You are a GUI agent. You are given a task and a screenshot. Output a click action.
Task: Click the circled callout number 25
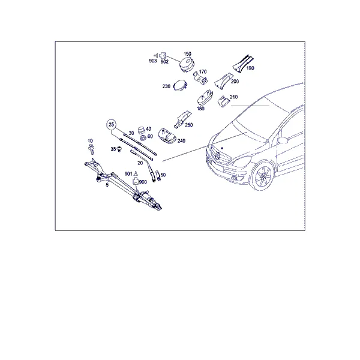pyautogui.click(x=112, y=125)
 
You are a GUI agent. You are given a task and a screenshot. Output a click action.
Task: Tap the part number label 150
pyautogui.click(x=187, y=54)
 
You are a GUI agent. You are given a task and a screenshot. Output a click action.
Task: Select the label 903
pyautogui.click(x=153, y=61)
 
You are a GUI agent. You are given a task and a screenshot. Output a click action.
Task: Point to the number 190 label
pyautogui.click(x=250, y=68)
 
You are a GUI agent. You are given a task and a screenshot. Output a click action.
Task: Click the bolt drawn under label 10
pyautogui.click(x=91, y=149)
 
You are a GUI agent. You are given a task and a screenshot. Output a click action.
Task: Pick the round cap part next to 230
pyautogui.click(x=180, y=86)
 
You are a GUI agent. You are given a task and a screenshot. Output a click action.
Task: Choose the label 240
pyautogui.click(x=181, y=141)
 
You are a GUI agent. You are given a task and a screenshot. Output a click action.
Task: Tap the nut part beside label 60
pyautogui.click(x=143, y=138)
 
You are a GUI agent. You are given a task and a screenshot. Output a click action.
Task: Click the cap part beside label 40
pyautogui.click(x=141, y=130)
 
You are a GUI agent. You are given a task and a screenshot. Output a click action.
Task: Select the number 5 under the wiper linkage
pyautogui.click(x=107, y=185)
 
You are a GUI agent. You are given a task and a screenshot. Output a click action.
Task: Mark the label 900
pyautogui.click(x=143, y=182)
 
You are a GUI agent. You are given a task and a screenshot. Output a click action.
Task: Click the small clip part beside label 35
pyautogui.click(x=119, y=149)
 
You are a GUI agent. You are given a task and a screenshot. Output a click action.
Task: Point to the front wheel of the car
pyautogui.click(x=263, y=176)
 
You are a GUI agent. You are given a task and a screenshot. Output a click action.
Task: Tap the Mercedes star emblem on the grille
pyautogui.click(x=218, y=155)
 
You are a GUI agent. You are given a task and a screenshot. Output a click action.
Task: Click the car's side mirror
pyautogui.click(x=283, y=140)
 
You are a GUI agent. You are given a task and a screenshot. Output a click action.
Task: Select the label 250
pyautogui.click(x=189, y=125)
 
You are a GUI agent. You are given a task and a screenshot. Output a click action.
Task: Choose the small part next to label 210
pyautogui.click(x=223, y=101)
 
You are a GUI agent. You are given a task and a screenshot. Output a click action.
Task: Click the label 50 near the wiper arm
pyautogui.click(x=163, y=175)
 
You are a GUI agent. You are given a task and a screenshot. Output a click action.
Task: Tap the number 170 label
pyautogui.click(x=203, y=72)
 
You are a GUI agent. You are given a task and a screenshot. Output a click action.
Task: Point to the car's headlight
pyautogui.click(x=242, y=161)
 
